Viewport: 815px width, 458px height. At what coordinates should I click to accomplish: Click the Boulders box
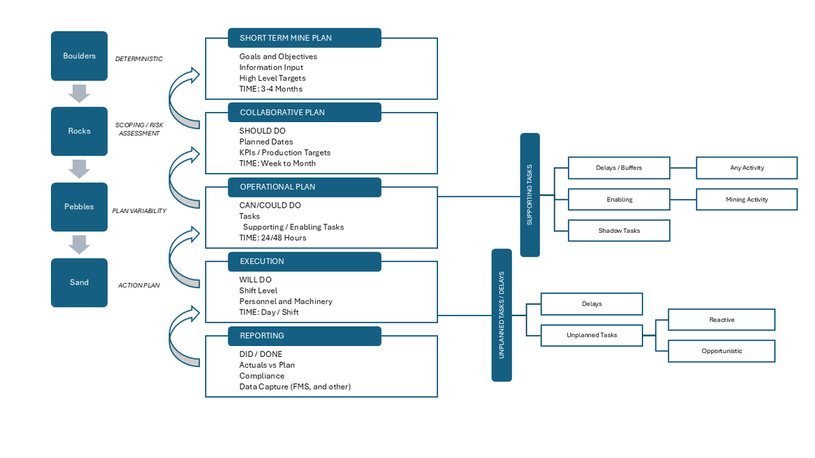[79, 56]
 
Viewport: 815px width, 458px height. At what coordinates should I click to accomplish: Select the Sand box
[79, 282]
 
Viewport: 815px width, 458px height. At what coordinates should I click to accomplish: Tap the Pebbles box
[79, 207]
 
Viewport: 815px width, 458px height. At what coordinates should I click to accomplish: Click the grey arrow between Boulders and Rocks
[79, 94]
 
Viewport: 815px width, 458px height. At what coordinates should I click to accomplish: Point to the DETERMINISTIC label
[139, 59]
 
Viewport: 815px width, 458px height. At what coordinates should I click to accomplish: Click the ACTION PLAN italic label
[139, 286]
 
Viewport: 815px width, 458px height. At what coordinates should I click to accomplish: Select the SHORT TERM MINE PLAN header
[304, 38]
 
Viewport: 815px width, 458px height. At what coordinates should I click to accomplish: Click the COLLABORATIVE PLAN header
[304, 113]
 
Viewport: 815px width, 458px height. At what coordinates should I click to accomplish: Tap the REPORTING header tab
[304, 336]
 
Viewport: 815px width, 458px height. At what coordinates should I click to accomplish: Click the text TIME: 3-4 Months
[270, 89]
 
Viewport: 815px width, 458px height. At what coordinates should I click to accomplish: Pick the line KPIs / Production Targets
[285, 153]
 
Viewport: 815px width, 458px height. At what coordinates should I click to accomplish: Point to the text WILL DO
[255, 280]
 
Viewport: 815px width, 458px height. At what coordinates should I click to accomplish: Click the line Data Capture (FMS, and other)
[295, 387]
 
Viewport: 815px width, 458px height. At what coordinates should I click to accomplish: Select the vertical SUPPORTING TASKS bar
[530, 195]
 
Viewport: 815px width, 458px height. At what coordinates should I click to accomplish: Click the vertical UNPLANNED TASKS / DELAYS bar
[501, 315]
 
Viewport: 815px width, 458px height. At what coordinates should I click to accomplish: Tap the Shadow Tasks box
[619, 231]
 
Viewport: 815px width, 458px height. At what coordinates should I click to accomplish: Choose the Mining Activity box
[746, 199]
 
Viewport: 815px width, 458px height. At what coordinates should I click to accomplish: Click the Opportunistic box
[721, 351]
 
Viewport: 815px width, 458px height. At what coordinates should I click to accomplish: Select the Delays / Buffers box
[619, 168]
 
